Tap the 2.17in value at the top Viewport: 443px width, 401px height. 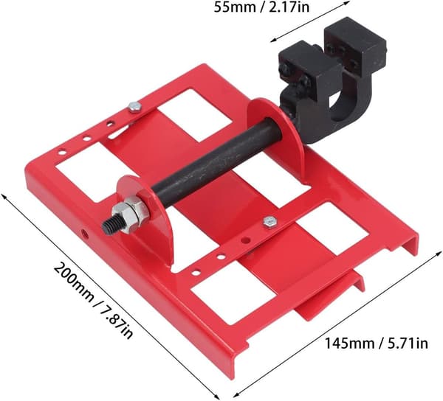point(288,7)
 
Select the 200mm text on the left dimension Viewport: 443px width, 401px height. point(72,282)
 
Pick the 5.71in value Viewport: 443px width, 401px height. point(407,344)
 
